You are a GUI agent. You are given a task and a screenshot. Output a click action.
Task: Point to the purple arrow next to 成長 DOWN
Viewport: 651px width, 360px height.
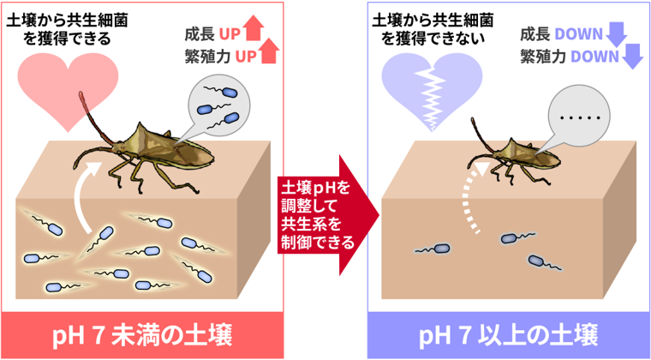[616, 34]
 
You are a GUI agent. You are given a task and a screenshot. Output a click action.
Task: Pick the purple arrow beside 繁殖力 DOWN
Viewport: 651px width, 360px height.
[631, 57]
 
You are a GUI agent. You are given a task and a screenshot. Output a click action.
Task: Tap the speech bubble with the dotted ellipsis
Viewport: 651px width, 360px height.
[577, 118]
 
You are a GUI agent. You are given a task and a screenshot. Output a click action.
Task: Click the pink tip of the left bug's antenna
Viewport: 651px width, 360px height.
[81, 98]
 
